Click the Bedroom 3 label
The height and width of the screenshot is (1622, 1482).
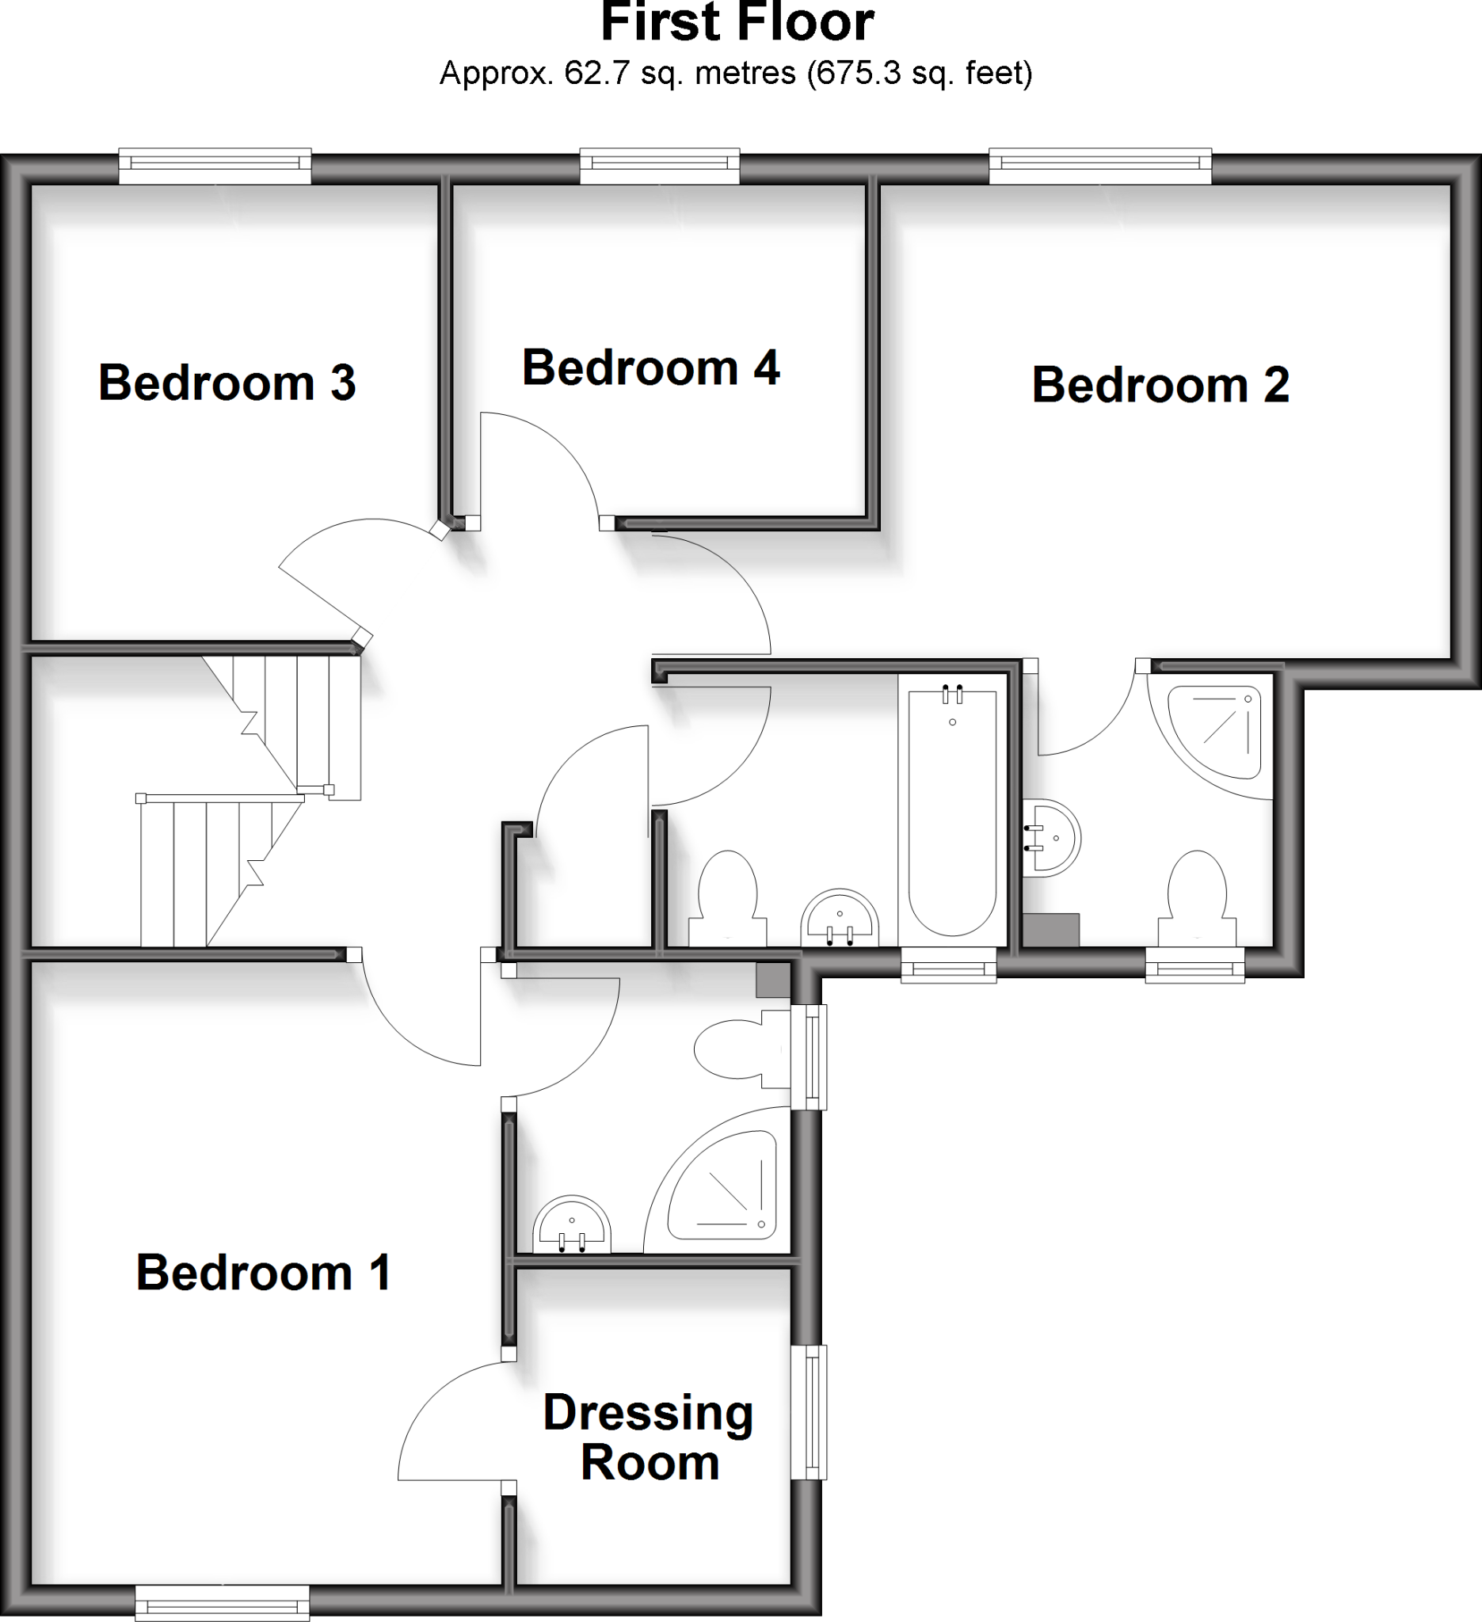(227, 383)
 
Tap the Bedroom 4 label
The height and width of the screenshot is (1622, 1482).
(651, 368)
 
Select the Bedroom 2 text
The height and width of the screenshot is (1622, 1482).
(1160, 386)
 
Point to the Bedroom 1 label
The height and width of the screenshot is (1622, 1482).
(263, 1273)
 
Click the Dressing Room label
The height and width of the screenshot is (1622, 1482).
(649, 1437)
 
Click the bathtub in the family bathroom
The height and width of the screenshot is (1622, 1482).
(952, 813)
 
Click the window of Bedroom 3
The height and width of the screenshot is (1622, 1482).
(215, 165)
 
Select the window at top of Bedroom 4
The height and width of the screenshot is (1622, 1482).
(659, 165)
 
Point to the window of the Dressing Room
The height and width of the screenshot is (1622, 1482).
(810, 1412)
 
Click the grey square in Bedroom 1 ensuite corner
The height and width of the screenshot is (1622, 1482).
(773, 980)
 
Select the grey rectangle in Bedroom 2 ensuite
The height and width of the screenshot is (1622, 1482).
(1051, 929)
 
